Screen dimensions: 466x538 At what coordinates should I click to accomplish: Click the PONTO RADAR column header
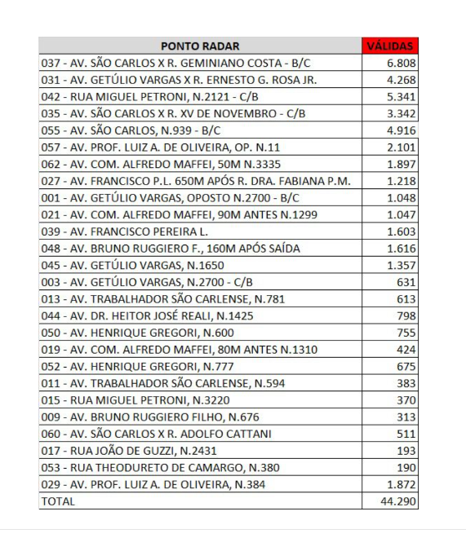(x=200, y=46)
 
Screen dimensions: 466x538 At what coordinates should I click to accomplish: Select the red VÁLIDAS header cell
(x=390, y=46)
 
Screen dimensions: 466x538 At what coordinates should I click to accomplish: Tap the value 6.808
(x=402, y=63)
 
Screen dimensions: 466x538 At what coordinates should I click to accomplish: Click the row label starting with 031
(x=179, y=80)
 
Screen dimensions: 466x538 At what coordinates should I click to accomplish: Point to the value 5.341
(x=402, y=97)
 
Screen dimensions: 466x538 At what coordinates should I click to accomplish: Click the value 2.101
(x=402, y=148)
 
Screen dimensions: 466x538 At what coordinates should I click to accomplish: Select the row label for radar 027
(x=196, y=181)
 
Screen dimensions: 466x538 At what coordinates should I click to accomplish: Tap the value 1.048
(x=402, y=198)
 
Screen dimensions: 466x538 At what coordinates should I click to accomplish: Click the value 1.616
(x=402, y=249)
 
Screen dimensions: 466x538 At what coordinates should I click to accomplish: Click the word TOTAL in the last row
(x=57, y=501)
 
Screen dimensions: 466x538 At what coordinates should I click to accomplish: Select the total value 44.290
(x=399, y=501)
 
